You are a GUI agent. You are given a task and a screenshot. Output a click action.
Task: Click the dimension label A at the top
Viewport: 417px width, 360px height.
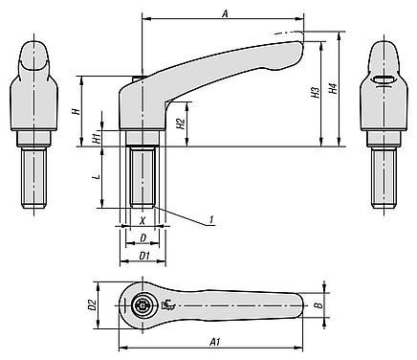click(226, 14)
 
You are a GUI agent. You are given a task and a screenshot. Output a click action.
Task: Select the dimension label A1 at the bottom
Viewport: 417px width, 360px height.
click(215, 343)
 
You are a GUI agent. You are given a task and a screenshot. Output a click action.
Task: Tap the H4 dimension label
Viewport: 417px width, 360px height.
click(333, 89)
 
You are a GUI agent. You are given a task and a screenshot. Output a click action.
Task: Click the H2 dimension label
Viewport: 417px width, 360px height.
click(181, 124)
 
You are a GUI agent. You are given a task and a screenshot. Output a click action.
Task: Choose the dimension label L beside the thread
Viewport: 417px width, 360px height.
click(98, 176)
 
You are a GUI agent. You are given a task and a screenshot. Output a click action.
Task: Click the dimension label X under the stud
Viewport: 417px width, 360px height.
click(143, 220)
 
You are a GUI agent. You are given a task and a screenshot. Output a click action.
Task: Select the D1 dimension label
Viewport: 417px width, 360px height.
click(145, 256)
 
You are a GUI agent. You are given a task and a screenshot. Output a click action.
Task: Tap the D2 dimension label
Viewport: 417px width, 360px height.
click(93, 305)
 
